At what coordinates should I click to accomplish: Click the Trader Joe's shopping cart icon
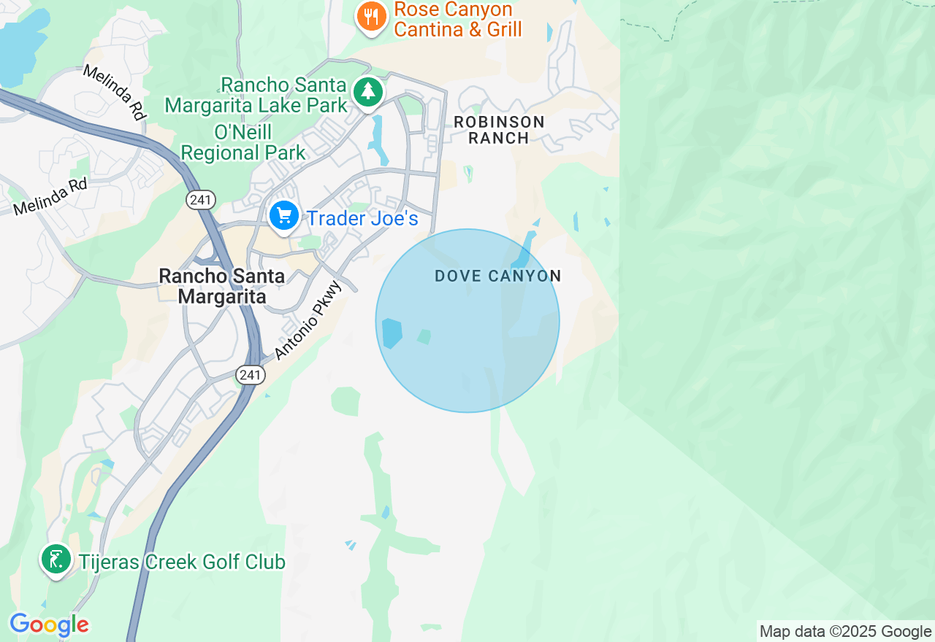pos(284,217)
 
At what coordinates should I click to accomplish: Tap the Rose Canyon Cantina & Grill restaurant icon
pos(371,17)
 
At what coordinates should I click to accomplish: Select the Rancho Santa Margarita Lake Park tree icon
pos(369,93)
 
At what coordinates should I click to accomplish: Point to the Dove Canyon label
pos(497,276)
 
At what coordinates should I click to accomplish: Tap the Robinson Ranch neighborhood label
pos(499,130)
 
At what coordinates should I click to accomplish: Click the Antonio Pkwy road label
pos(308,320)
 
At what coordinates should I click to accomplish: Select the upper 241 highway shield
pos(199,199)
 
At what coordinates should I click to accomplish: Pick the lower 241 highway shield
pos(250,375)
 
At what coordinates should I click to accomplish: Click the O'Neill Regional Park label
pos(243,143)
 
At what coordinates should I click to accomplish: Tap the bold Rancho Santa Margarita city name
pos(222,286)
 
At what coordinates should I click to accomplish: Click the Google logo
pos(49,624)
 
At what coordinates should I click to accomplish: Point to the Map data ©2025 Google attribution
pos(845,632)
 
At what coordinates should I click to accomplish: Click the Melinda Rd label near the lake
pos(114,92)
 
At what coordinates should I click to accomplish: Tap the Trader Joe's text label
pos(362,218)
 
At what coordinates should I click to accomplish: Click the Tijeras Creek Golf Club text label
pos(182,562)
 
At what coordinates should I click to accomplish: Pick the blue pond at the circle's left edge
pos(392,333)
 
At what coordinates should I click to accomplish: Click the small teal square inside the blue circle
pos(424,336)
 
